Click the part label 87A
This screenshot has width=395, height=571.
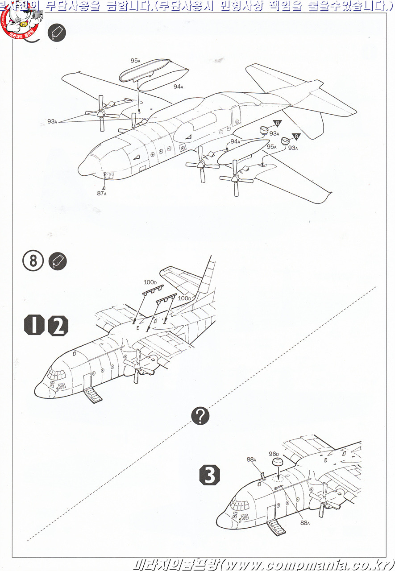[101, 193]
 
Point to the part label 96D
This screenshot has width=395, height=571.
[274, 455]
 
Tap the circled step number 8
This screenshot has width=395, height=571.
[33, 261]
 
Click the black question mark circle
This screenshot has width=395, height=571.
[200, 416]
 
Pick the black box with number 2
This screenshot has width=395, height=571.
[58, 326]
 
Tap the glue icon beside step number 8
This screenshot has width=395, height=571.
[57, 261]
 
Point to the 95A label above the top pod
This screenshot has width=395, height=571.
[135, 61]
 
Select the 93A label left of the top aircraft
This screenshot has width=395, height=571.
[52, 121]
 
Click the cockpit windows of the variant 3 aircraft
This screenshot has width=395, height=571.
[239, 506]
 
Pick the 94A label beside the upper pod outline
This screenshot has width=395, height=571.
[178, 87]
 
